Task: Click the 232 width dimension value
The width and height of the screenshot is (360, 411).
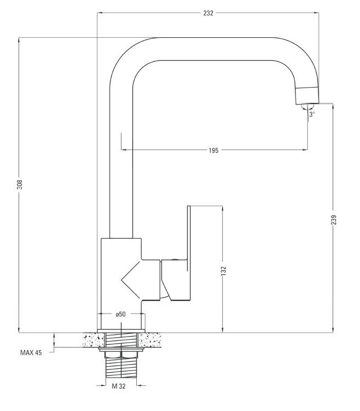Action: (x=208, y=12)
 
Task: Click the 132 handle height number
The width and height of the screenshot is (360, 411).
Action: (x=223, y=270)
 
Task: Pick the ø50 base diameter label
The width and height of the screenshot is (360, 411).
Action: (x=121, y=314)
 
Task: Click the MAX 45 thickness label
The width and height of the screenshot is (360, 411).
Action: (x=31, y=352)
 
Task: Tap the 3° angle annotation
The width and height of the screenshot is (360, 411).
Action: (x=312, y=114)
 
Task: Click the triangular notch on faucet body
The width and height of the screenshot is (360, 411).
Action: (x=131, y=279)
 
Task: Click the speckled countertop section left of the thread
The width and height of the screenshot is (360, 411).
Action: (x=91, y=340)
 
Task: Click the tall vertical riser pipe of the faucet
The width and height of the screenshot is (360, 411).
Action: (x=121, y=175)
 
